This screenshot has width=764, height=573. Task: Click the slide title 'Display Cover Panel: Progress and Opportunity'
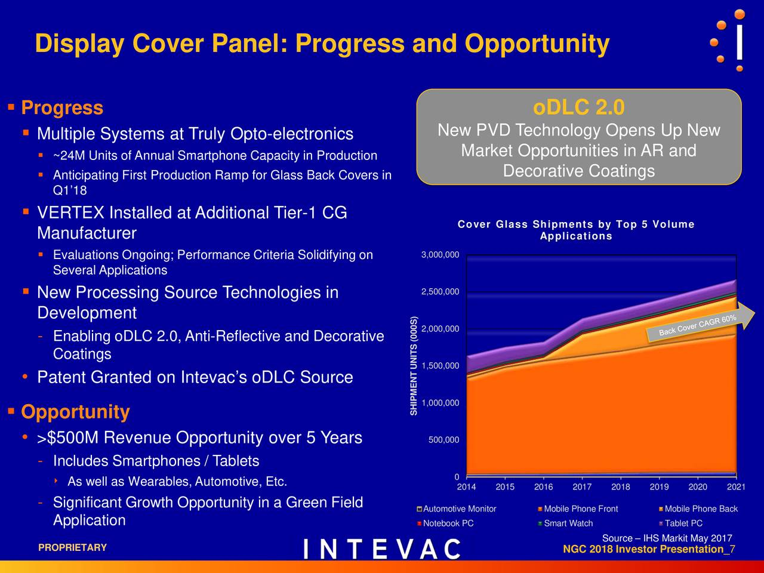coord(322,44)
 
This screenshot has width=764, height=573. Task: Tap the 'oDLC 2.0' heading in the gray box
coord(578,108)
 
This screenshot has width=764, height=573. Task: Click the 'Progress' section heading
coord(62,108)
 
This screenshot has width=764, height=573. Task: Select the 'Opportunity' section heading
coord(75,412)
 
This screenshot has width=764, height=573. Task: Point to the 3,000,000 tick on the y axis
coord(440,255)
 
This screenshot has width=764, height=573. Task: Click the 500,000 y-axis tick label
coord(443,440)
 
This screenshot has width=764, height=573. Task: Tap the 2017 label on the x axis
coord(582,487)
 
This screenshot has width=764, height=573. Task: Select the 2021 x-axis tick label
coord(736,487)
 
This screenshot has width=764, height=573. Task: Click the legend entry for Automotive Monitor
coord(459,509)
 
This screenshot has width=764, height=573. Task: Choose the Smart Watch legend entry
coord(568,523)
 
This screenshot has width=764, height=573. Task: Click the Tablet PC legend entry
coord(683,523)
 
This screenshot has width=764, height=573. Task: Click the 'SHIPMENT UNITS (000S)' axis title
coord(413,365)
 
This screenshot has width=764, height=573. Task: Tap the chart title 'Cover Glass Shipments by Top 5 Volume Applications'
coord(576,230)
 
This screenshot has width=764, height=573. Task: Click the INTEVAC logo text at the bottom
coord(382,549)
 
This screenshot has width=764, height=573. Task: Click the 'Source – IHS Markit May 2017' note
coord(667,539)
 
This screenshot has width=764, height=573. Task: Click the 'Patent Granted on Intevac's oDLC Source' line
coord(195,378)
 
